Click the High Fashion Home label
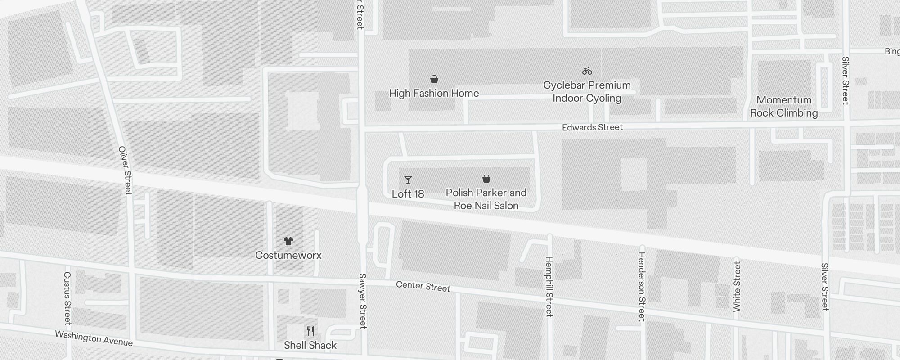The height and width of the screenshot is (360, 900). (434, 94)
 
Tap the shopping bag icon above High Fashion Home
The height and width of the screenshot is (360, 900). (434, 80)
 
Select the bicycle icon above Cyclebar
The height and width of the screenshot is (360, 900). (587, 71)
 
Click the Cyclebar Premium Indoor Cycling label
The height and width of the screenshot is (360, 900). (587, 92)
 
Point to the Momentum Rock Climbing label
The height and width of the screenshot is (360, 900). (784, 107)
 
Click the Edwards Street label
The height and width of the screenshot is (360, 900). (592, 127)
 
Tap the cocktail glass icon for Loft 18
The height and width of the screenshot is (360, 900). (408, 180)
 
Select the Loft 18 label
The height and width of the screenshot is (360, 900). (408, 194)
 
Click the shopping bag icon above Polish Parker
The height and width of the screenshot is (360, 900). (486, 179)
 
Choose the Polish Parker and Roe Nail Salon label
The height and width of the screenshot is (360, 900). (486, 199)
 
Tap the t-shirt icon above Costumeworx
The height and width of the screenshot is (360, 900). (288, 241)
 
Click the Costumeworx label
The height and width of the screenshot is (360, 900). (288, 256)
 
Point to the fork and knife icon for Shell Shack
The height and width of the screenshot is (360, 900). (310, 331)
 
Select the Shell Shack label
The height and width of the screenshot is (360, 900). (310, 346)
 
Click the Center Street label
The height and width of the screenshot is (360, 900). (423, 287)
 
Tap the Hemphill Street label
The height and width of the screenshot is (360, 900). (549, 287)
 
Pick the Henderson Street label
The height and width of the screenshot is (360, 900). (642, 287)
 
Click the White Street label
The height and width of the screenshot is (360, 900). (737, 287)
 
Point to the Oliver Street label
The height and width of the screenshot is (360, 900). (125, 170)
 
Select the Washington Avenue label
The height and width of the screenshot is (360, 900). (94, 338)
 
